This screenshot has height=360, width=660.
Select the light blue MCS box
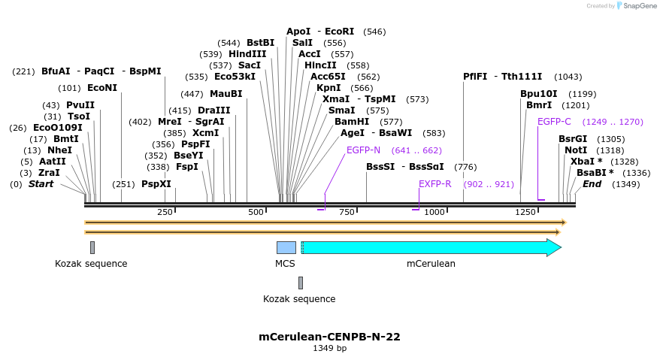286,247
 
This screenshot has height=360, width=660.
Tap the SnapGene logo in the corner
636,6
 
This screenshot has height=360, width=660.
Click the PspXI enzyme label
156,184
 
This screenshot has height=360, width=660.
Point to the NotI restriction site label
576,150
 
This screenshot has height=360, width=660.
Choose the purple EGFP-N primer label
363,150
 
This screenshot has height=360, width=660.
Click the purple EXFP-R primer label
434,184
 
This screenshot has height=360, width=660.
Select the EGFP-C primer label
554,122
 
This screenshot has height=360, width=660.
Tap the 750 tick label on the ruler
347,213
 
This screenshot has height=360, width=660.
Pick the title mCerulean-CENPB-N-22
329,337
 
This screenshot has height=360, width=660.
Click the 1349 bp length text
329,349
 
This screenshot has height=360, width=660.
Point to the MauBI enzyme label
226,94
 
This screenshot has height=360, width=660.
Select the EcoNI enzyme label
102,88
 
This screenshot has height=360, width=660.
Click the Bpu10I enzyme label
539,94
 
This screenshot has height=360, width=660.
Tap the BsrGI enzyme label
573,139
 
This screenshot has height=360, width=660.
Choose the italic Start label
41,184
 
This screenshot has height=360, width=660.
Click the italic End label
592,184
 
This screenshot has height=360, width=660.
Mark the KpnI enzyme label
329,88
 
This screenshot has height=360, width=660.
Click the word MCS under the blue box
285,264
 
